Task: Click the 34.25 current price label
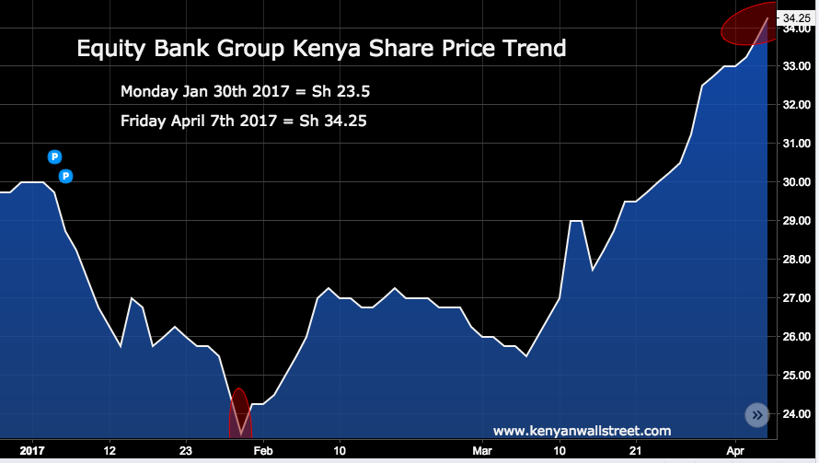click(x=796, y=17)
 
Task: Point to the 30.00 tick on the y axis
click(x=796, y=182)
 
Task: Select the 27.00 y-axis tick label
click(x=796, y=298)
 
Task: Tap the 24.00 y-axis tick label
click(x=796, y=414)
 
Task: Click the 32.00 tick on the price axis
click(x=796, y=105)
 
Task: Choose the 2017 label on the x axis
click(x=31, y=451)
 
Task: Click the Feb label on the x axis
click(x=263, y=451)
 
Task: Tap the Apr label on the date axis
click(x=735, y=451)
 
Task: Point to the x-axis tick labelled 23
click(x=186, y=451)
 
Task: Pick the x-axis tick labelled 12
click(x=110, y=451)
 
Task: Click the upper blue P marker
click(x=54, y=157)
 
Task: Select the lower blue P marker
click(x=65, y=176)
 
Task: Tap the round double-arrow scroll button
click(x=757, y=415)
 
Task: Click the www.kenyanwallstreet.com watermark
click(x=582, y=431)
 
